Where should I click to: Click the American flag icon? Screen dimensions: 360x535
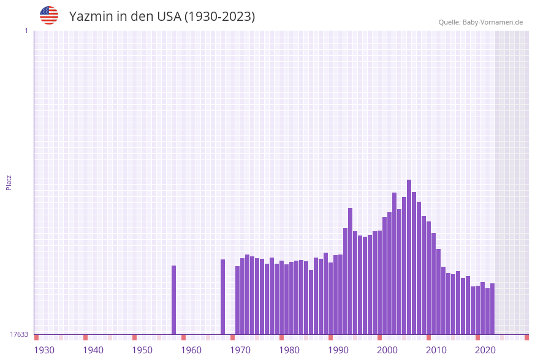49,15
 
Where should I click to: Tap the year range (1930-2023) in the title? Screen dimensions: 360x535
219,17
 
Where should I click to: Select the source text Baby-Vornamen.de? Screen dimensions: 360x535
493,22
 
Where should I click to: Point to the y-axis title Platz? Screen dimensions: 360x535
9,182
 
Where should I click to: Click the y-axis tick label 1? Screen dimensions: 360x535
26,31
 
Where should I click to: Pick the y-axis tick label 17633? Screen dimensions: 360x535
19,334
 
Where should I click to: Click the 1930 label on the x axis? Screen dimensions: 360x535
44,350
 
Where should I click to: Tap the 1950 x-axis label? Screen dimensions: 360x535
142,350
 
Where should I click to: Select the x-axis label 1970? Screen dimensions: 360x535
240,350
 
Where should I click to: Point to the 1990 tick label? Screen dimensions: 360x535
338,350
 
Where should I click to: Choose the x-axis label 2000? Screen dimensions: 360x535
387,350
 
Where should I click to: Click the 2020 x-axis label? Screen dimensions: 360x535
485,350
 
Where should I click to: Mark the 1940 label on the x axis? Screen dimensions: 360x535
93,350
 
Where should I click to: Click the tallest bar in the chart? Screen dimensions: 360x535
409,258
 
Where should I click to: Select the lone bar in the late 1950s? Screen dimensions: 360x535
173,300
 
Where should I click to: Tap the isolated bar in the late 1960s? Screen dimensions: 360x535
222,297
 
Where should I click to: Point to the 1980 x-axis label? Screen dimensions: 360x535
289,350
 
